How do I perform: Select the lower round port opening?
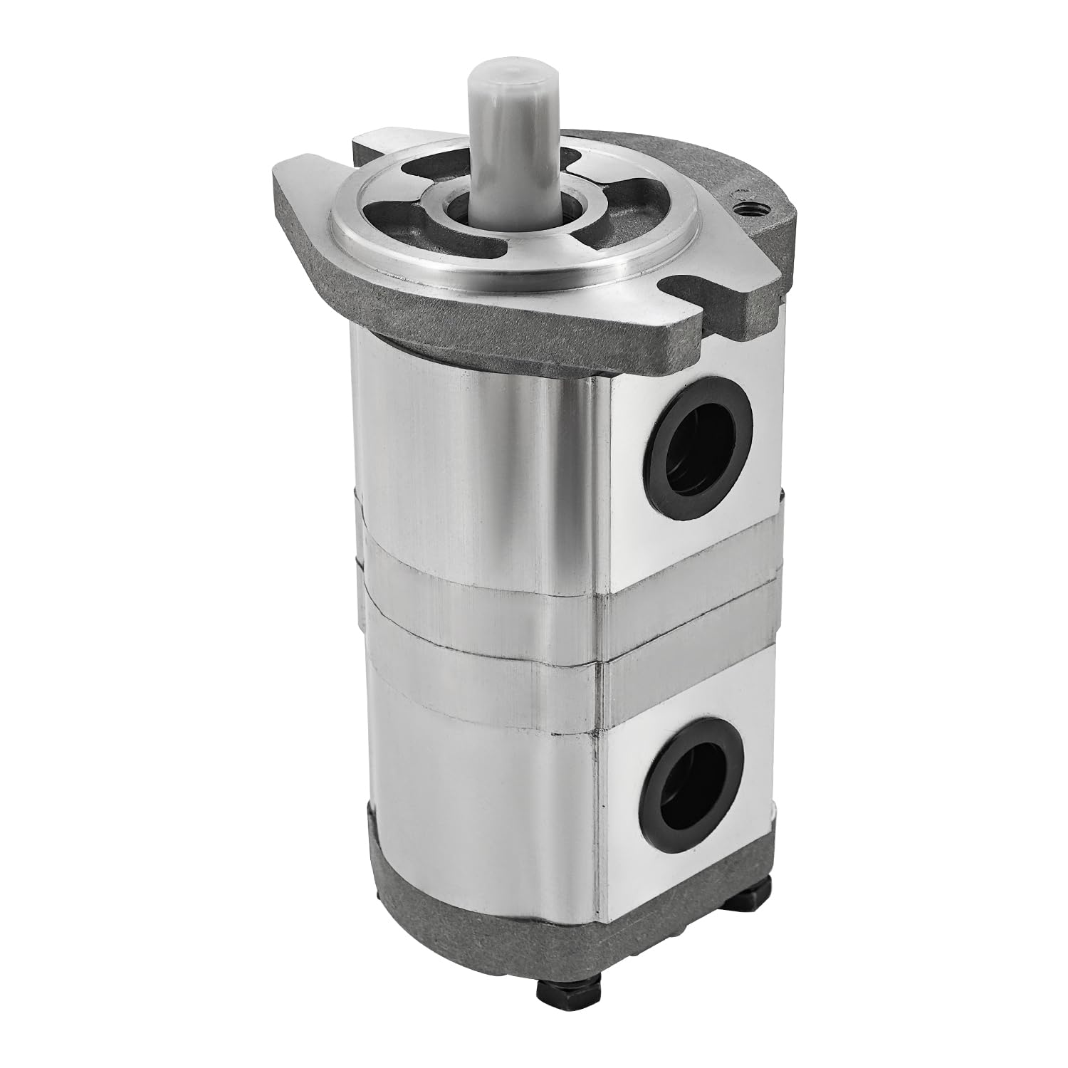tap(697, 784)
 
